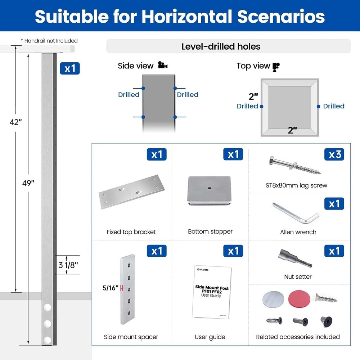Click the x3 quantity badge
334,154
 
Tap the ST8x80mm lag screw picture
295,165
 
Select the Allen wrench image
296,213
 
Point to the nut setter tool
295,258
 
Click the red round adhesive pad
299,299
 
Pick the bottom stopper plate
209,190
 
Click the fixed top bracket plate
131,192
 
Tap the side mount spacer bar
128,289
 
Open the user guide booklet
212,292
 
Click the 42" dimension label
15,122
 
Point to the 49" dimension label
28,183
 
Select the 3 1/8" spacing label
68,265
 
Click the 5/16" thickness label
111,288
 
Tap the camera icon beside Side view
163,65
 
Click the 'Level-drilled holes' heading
221,46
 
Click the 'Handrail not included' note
49,41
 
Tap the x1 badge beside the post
70,68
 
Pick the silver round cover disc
273,300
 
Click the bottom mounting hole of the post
47,340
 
